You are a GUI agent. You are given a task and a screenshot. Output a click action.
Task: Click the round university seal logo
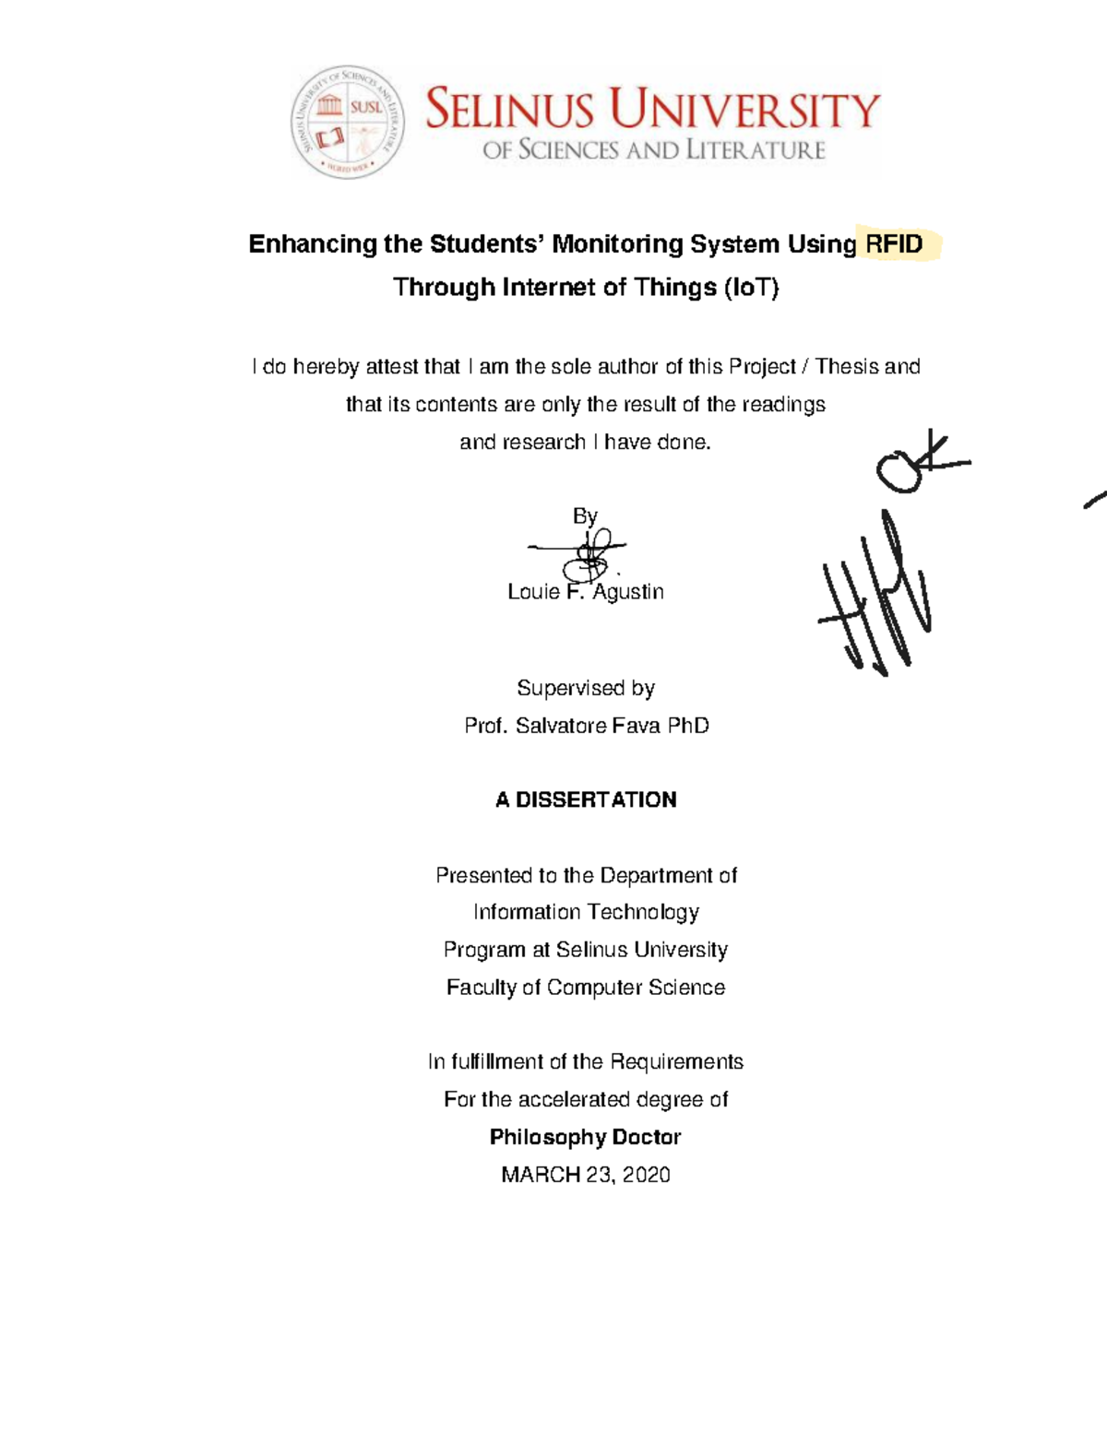pos(348,122)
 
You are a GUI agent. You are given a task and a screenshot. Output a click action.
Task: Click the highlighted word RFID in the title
pos(893,244)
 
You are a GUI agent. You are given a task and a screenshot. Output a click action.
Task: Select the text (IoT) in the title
pos(751,288)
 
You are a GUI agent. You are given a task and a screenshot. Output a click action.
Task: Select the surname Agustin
pos(627,592)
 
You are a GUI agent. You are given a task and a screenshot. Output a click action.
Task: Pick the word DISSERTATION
pos(596,800)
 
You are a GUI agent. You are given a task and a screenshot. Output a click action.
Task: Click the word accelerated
pos(573,1100)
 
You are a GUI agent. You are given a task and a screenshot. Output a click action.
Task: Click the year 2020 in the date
pos(646,1176)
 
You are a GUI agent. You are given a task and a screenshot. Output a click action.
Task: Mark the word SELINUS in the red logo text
pos(509,111)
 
